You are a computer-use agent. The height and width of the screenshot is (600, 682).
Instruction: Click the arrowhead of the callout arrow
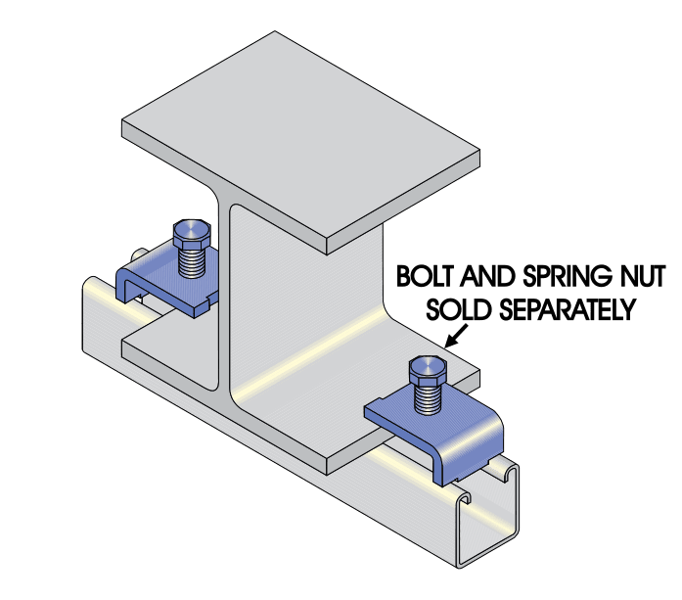[x=449, y=345]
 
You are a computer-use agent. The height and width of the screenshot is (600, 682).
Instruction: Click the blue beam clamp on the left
[x=157, y=284]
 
